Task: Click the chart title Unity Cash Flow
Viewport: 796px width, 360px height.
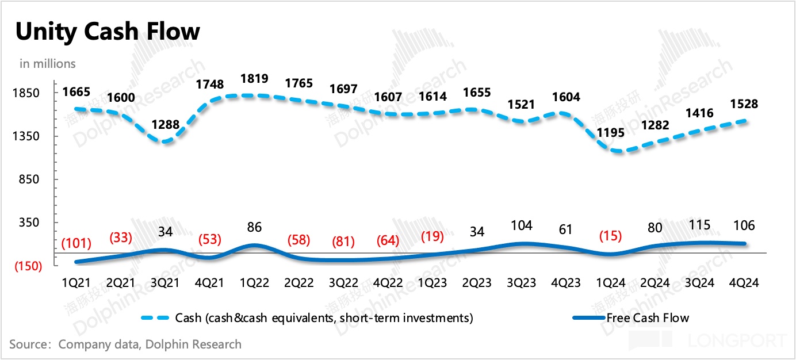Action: [108, 32]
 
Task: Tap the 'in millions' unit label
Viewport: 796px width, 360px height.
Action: [48, 63]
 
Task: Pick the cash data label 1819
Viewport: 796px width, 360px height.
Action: [254, 78]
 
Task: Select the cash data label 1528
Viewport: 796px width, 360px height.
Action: [743, 104]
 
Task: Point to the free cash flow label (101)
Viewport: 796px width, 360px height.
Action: [76, 243]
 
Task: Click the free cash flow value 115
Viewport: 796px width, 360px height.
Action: [699, 224]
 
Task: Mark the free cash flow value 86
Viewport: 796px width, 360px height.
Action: [254, 227]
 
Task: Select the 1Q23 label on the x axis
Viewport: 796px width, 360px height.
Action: [433, 282]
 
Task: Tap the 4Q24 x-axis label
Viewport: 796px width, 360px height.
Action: [743, 282]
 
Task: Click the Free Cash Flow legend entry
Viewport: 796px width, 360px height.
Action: [647, 317]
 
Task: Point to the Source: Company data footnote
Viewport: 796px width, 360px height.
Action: [125, 344]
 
